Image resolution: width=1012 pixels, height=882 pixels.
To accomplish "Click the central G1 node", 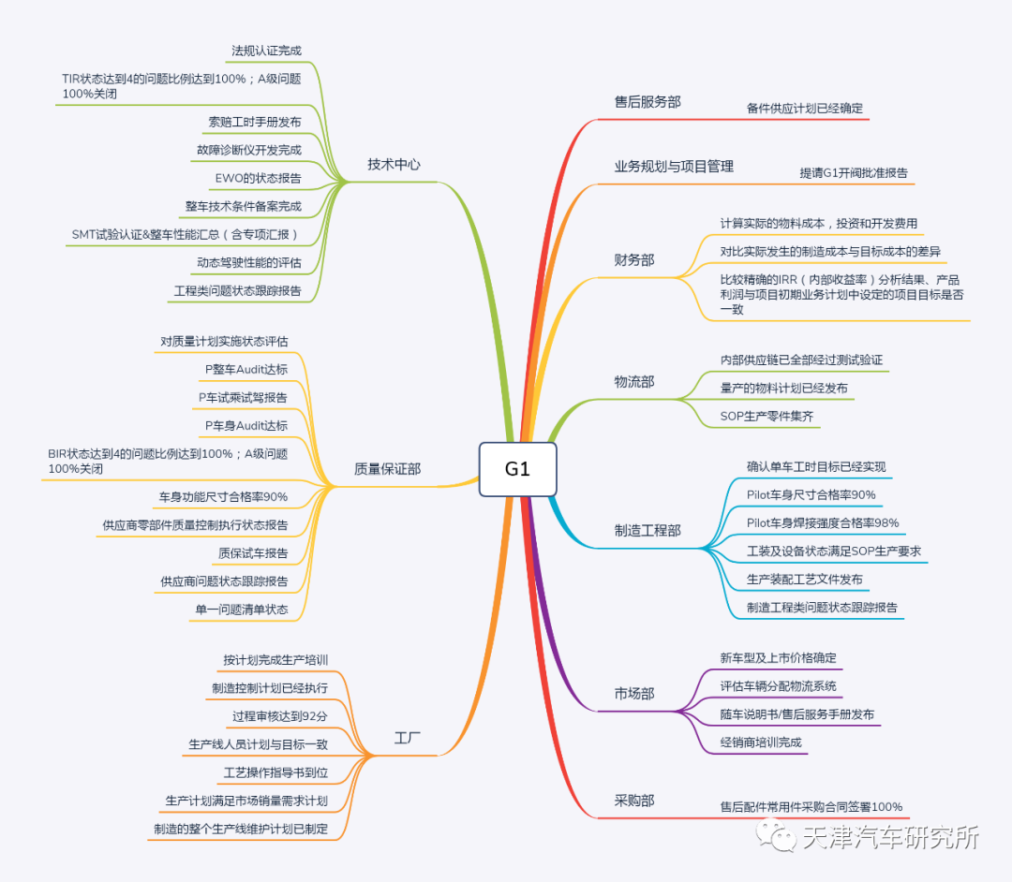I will point(517,469).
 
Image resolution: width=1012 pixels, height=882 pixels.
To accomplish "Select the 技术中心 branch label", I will point(394,165).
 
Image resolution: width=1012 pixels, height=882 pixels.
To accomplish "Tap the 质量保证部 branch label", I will point(387,469).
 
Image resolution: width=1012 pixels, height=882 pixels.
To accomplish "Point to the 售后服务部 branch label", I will point(647,102).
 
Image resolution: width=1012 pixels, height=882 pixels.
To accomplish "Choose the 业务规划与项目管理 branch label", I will point(674,167).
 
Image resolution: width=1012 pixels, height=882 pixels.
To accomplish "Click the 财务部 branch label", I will point(634,260).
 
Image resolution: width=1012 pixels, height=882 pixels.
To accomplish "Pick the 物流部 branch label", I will point(634,382).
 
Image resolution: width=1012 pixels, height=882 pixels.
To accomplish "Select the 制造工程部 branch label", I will point(647,531).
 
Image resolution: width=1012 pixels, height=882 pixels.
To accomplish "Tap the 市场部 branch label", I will point(634,694).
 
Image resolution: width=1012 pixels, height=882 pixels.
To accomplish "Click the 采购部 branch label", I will point(634,801).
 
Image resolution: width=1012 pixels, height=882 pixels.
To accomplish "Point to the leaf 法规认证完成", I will point(266,51).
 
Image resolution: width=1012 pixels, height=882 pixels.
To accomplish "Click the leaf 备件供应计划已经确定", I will point(805,109).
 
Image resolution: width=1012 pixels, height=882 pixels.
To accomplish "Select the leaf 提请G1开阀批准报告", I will point(853,173).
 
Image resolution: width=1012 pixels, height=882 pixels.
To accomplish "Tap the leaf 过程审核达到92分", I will point(280,716).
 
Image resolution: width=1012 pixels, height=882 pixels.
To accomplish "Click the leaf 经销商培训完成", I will point(761,742).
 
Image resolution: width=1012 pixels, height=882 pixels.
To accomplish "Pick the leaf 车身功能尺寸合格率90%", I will point(223,497).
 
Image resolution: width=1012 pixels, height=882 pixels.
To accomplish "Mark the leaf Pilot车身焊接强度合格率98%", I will point(823,523).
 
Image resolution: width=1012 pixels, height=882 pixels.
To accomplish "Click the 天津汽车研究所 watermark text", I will point(890,838).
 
